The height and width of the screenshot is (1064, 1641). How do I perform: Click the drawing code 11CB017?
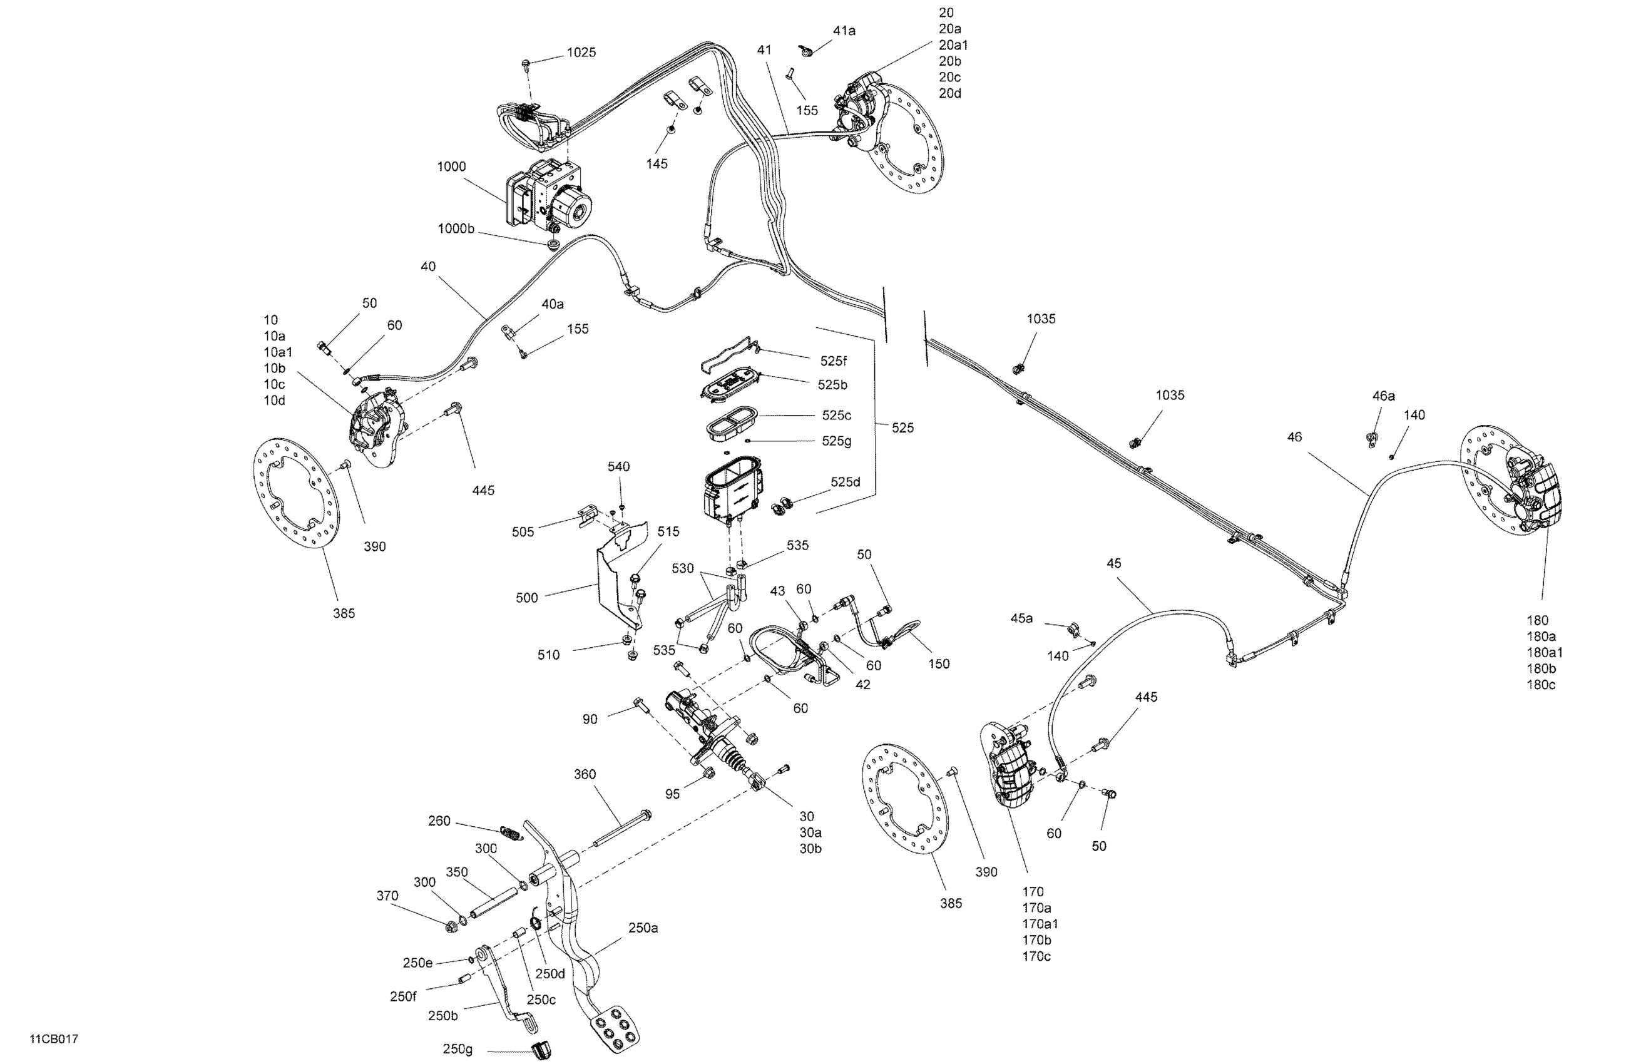(x=53, y=1038)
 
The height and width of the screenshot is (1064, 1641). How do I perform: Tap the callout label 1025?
(x=581, y=53)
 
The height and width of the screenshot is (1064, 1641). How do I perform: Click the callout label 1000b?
(x=456, y=228)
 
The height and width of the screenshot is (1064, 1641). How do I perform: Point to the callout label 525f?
(x=833, y=361)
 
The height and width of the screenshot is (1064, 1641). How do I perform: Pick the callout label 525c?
(x=836, y=415)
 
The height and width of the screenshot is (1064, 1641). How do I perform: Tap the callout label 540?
(x=618, y=467)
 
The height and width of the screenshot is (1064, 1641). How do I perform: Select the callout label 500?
(x=526, y=598)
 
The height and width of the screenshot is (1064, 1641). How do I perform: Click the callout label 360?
(x=585, y=774)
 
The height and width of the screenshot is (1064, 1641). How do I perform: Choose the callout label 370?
(x=387, y=896)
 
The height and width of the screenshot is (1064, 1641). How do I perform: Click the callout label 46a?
(x=1383, y=396)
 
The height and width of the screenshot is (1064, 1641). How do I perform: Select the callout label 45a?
(x=1021, y=618)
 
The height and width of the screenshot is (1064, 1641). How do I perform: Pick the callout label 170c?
(x=1036, y=956)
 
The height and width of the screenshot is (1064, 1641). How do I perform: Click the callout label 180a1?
(x=1545, y=652)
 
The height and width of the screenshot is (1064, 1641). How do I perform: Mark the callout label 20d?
(x=949, y=93)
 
